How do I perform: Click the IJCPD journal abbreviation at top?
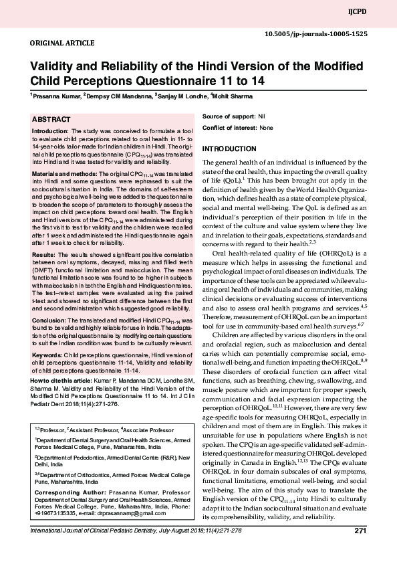tap(376, 13)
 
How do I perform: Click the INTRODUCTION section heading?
tap(229, 148)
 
